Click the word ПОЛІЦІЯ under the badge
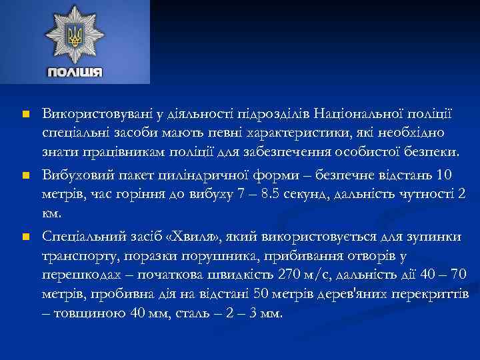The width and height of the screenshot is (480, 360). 74,72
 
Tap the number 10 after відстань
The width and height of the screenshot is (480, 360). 443,175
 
